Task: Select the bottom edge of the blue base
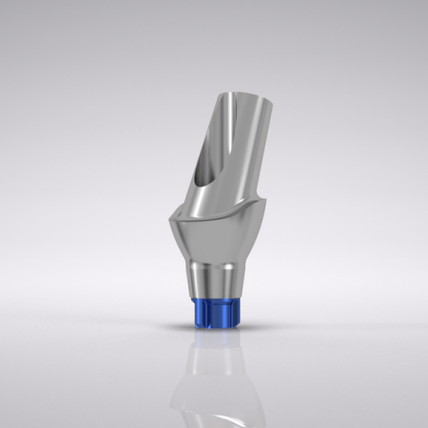click(211, 325)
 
